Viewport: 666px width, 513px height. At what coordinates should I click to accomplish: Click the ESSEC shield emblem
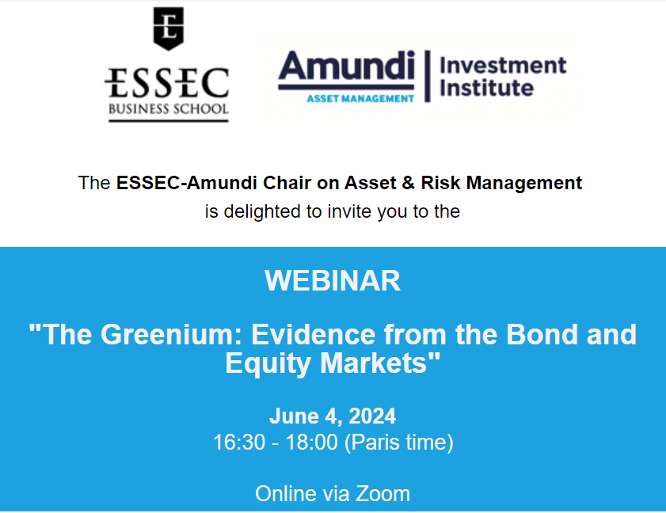(x=168, y=28)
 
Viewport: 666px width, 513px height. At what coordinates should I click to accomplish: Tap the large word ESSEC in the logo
(x=167, y=83)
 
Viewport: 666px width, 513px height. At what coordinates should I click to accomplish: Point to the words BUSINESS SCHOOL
(x=168, y=108)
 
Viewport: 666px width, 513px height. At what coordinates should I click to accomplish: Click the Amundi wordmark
(x=346, y=66)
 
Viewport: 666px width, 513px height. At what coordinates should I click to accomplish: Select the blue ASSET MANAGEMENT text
(x=360, y=98)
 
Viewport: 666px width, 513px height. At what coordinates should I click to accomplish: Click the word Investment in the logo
(x=503, y=66)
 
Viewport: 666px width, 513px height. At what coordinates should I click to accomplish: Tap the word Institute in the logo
(x=487, y=88)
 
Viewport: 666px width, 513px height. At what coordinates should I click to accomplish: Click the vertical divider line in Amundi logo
(x=428, y=76)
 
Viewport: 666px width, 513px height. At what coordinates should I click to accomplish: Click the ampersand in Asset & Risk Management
(x=408, y=183)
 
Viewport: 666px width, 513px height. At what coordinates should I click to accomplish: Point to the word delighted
(x=262, y=211)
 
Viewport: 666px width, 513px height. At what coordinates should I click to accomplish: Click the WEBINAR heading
(x=333, y=281)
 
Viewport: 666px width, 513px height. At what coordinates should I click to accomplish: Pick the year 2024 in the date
(x=372, y=416)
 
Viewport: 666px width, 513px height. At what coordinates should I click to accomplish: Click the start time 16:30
(x=239, y=443)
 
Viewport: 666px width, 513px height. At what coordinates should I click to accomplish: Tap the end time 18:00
(x=312, y=443)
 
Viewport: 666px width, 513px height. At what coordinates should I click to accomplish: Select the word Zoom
(x=382, y=494)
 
